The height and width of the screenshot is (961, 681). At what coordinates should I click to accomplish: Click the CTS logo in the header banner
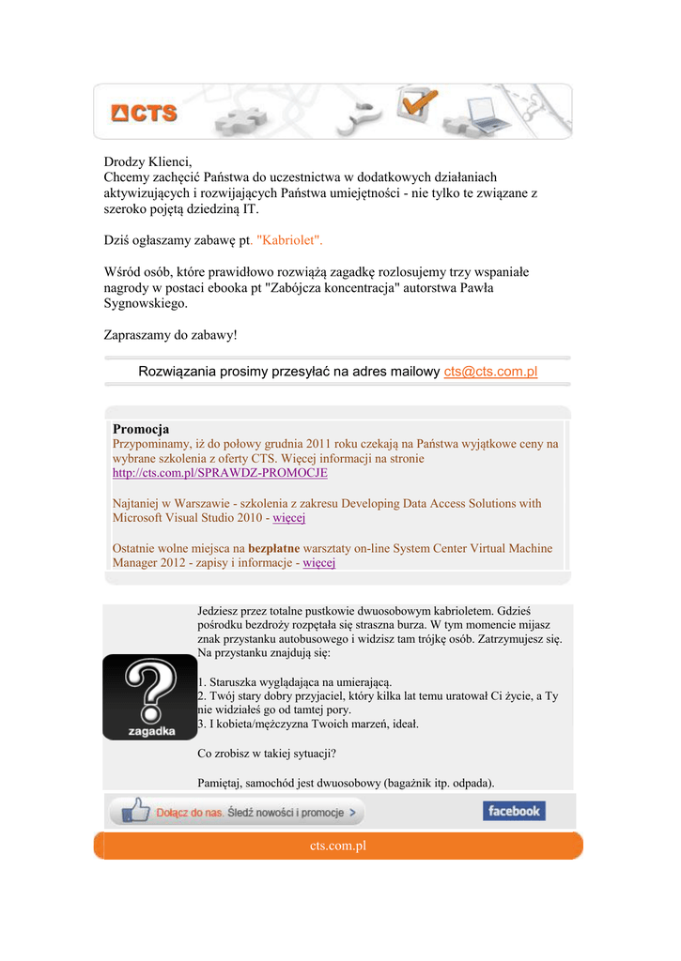(x=144, y=113)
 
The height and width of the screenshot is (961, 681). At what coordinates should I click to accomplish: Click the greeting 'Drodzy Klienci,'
(x=147, y=161)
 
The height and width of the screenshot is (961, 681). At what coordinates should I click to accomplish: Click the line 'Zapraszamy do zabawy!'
(x=170, y=334)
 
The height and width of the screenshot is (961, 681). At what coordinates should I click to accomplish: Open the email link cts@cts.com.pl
(x=490, y=372)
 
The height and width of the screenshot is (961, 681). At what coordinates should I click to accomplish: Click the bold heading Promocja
(x=141, y=429)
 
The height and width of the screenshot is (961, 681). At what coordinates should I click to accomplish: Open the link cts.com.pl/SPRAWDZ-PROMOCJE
(x=220, y=473)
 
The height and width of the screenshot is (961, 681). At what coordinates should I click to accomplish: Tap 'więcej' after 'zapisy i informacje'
(x=319, y=563)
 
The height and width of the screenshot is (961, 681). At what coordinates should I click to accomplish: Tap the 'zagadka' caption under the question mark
(x=150, y=729)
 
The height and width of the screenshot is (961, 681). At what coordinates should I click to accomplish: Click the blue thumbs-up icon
(x=135, y=810)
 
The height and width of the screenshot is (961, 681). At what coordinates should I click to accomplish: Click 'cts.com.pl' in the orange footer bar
(x=337, y=847)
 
